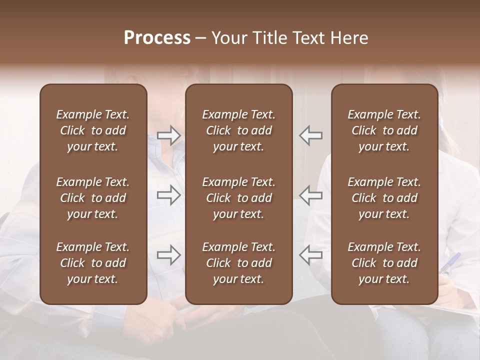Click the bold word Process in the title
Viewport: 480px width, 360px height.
click(157, 38)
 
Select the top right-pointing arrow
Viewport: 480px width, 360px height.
click(169, 135)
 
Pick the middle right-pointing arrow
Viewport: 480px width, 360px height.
click(169, 195)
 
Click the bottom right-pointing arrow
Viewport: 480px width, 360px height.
click(169, 255)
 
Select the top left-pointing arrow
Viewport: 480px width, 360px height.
click(311, 135)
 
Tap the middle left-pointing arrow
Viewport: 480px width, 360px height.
click(311, 195)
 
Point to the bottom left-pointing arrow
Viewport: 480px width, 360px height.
click(311, 255)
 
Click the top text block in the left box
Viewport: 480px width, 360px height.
click(93, 130)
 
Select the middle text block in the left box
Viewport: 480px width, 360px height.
click(93, 198)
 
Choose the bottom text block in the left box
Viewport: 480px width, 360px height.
click(93, 263)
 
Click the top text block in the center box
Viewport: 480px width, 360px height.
click(239, 130)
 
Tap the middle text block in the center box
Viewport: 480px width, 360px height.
click(239, 198)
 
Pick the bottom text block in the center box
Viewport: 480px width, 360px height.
click(239, 263)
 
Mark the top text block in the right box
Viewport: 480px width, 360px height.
click(384, 130)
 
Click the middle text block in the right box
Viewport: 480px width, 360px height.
click(384, 198)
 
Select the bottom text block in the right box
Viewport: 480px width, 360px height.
click(384, 263)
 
